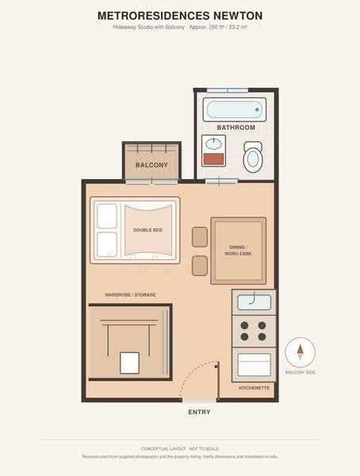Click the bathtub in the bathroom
pyautogui.click(x=235, y=109)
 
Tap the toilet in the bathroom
pyautogui.click(x=253, y=157)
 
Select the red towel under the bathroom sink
pyautogui.click(x=213, y=159)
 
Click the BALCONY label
pyautogui.click(x=151, y=165)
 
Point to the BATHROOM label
pyautogui.click(x=236, y=128)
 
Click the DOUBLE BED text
pyautogui.click(x=147, y=230)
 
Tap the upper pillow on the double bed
pyautogui.click(x=107, y=216)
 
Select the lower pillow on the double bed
pyautogui.click(x=107, y=244)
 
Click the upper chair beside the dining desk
pyautogui.click(x=200, y=236)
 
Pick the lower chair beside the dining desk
pyautogui.click(x=200, y=266)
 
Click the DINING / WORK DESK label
pyautogui.click(x=238, y=251)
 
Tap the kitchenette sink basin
pyautogui.click(x=254, y=302)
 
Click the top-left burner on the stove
pyautogui.click(x=244, y=325)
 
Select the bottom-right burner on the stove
pyautogui.click(x=262, y=336)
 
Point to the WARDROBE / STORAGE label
pyautogui.click(x=130, y=295)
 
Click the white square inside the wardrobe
pyautogui.click(x=129, y=363)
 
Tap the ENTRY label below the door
pyautogui.click(x=199, y=412)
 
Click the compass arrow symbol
pyautogui.click(x=301, y=352)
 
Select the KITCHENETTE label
pyautogui.click(x=254, y=388)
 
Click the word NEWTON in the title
pyautogui.click(x=238, y=16)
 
